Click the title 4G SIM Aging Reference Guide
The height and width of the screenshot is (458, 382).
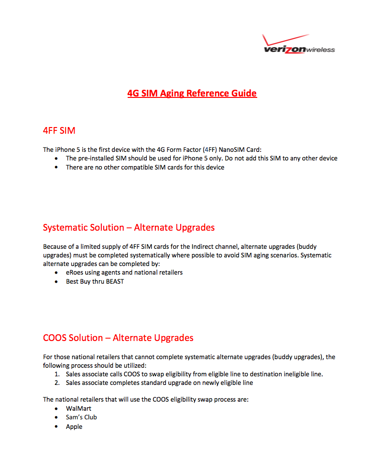[x=192, y=93]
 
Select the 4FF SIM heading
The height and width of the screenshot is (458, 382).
[x=59, y=130]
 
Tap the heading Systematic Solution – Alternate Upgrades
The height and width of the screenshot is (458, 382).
[x=129, y=227]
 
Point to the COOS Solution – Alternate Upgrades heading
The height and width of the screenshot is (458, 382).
[x=118, y=338]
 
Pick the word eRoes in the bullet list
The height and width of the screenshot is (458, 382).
[x=75, y=272]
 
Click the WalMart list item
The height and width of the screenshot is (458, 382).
[x=78, y=408]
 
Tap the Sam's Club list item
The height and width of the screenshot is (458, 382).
[x=81, y=417]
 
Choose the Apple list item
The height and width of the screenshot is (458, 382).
[x=74, y=426]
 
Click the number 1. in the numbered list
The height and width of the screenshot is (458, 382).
[x=57, y=374]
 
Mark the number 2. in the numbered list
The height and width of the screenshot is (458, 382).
[x=57, y=383]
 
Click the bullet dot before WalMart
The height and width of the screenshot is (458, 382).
[x=56, y=409]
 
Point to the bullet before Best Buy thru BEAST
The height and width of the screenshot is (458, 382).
[x=56, y=282]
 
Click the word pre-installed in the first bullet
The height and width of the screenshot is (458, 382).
[x=95, y=158]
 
